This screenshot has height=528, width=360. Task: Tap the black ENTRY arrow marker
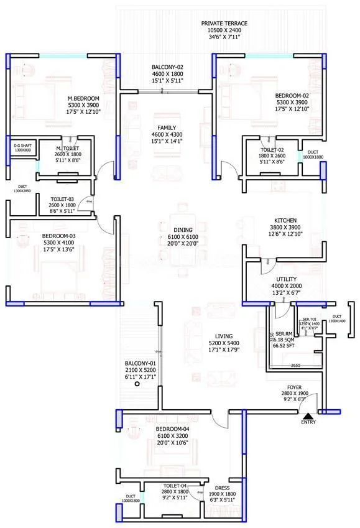click(307, 415)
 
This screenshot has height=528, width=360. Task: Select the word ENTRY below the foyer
click(308, 423)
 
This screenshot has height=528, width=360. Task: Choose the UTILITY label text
click(286, 280)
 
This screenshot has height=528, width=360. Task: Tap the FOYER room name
click(294, 387)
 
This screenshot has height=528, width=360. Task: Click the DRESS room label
click(223, 488)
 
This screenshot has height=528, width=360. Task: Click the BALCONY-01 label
click(136, 363)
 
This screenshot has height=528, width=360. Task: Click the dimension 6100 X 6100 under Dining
click(183, 238)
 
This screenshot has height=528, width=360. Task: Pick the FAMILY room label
click(167, 127)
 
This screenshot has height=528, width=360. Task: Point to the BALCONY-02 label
click(167, 67)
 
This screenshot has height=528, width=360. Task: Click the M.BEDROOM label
click(84, 98)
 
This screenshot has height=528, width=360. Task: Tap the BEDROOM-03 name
click(59, 236)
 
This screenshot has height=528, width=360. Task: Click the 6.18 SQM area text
click(284, 340)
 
